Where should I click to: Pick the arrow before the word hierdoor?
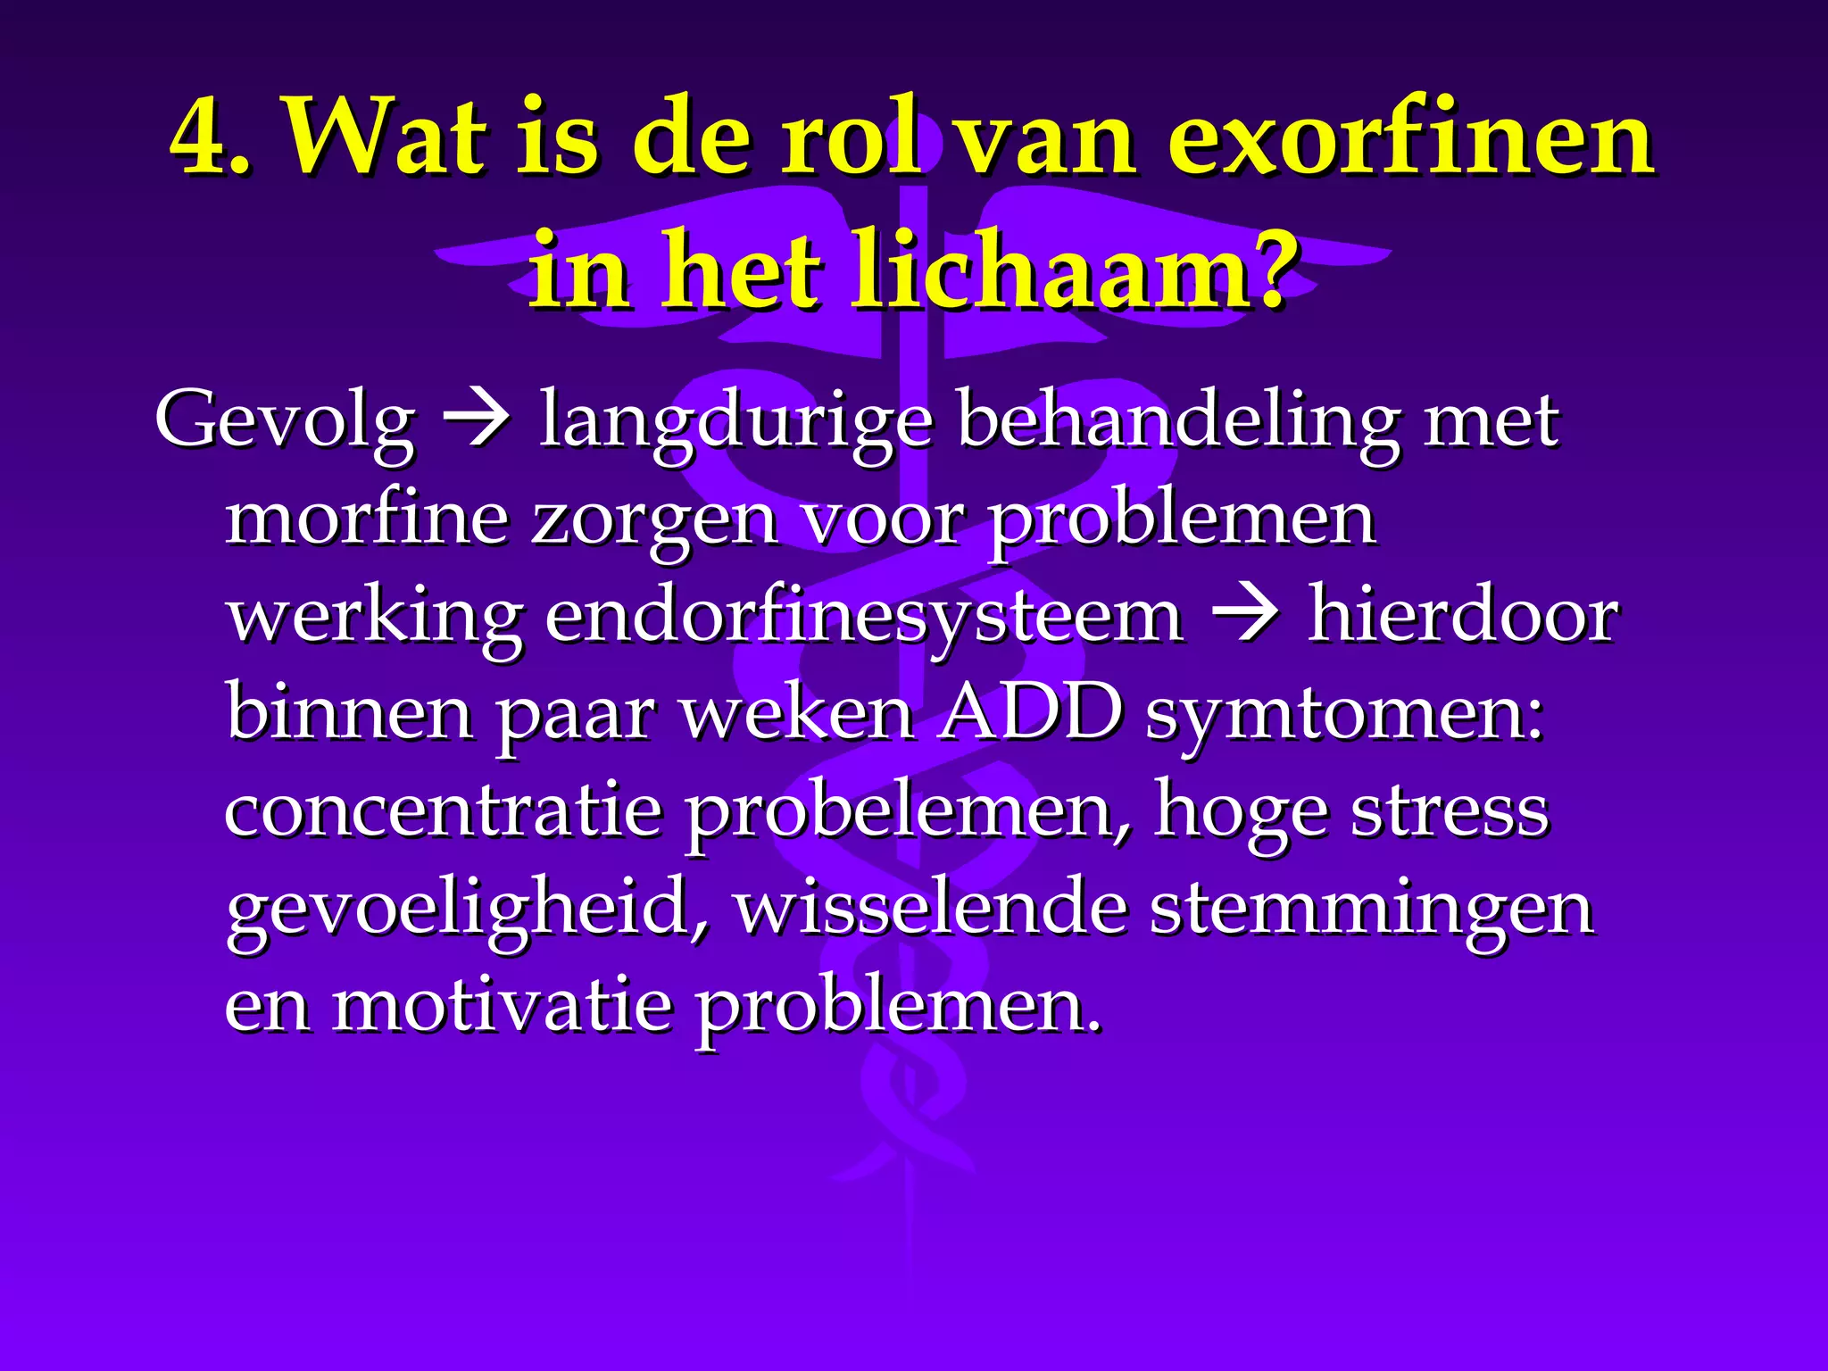point(1245,616)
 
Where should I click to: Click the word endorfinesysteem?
point(864,616)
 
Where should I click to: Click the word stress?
point(1450,810)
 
